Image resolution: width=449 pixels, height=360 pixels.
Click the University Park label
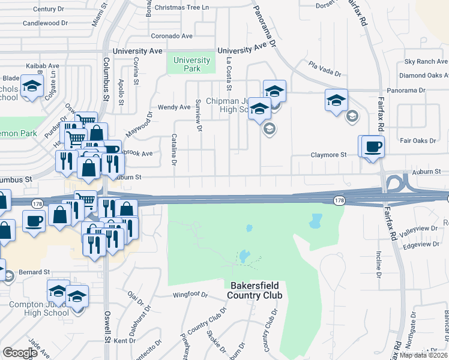tap(191, 64)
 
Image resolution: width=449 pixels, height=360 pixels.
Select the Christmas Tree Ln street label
tap(182, 7)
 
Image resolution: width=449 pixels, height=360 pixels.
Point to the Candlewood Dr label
tap(46, 23)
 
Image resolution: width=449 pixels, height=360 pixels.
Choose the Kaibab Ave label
tap(42, 65)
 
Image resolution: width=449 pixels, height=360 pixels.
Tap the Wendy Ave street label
tap(174, 107)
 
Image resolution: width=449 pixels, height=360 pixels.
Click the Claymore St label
tap(328, 155)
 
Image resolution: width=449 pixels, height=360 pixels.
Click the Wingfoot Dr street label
tap(190, 295)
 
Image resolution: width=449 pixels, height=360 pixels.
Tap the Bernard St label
tap(33, 272)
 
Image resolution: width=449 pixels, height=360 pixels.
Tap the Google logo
tap(19, 353)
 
